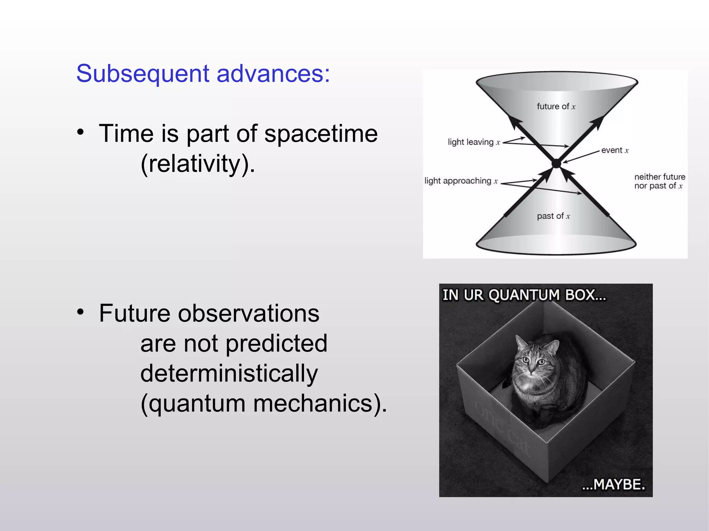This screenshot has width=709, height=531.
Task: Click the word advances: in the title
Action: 273,74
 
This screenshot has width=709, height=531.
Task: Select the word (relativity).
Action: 198,164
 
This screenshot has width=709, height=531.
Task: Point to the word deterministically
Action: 229,373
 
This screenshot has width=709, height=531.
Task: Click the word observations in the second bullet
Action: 248,313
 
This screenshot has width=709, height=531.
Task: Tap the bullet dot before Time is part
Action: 81,132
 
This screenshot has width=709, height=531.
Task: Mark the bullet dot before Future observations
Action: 81,312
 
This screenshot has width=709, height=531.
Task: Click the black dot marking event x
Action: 556,163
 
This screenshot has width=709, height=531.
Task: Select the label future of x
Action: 556,107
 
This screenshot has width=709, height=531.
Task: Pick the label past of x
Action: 553,216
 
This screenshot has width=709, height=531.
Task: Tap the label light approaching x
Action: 461,181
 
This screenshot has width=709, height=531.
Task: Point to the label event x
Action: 615,150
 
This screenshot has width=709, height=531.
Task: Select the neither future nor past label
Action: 659,182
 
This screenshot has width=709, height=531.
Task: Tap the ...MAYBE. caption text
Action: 613,484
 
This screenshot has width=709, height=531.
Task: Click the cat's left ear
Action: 520,342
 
